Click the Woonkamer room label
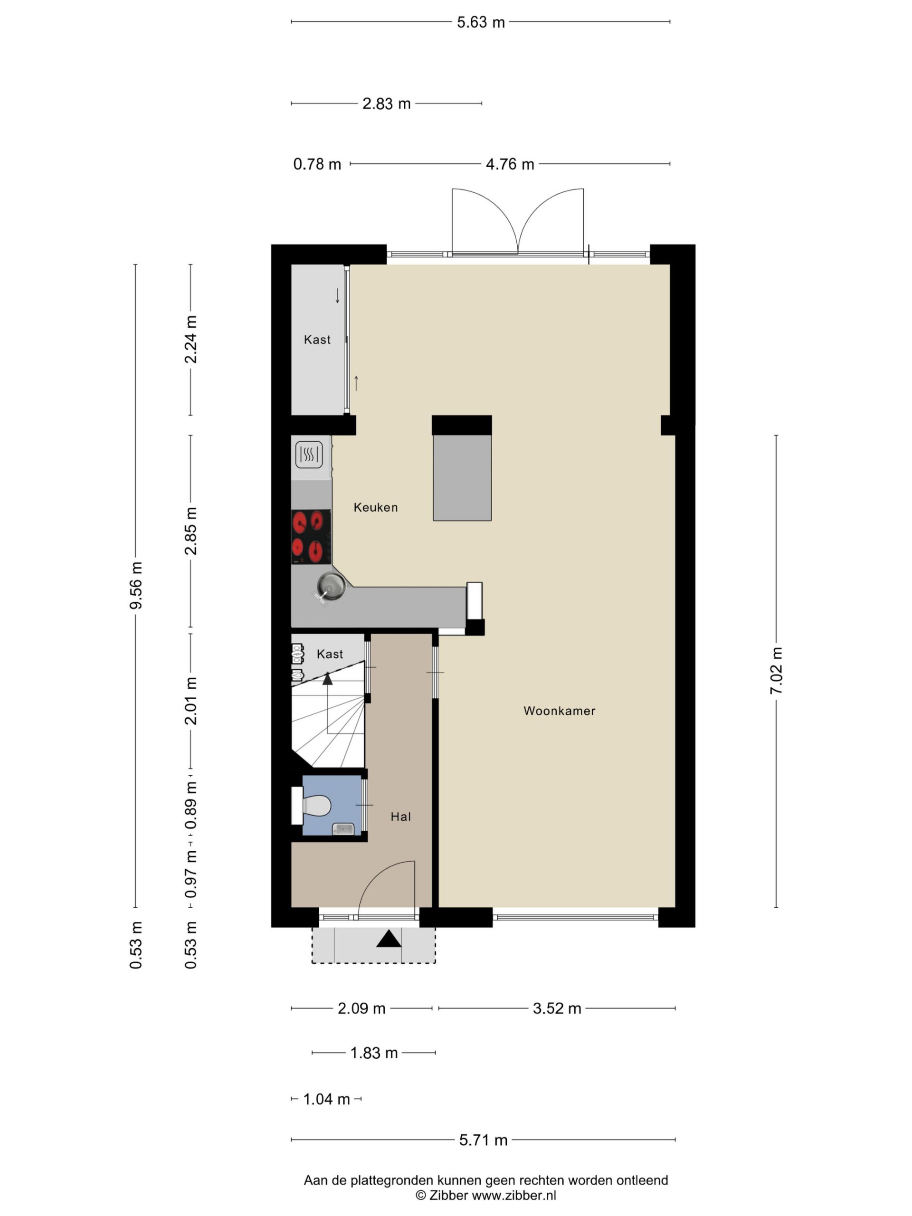pyautogui.click(x=559, y=711)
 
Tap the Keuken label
pyautogui.click(x=375, y=507)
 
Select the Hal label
pyautogui.click(x=401, y=817)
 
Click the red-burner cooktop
pyautogui.click(x=311, y=537)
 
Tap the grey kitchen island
pyautogui.click(x=462, y=478)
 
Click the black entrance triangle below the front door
pyautogui.click(x=389, y=939)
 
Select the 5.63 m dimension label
pyautogui.click(x=481, y=22)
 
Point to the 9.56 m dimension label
pyautogui.click(x=136, y=586)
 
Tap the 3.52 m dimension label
pyautogui.click(x=557, y=1009)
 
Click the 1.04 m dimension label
pyautogui.click(x=326, y=1100)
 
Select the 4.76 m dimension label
pyautogui.click(x=510, y=164)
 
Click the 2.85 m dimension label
pyautogui.click(x=191, y=531)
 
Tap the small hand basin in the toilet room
pyautogui.click(x=343, y=828)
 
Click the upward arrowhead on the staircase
pyautogui.click(x=328, y=679)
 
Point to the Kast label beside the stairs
pyautogui.click(x=330, y=654)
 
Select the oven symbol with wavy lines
pyautogui.click(x=309, y=455)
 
